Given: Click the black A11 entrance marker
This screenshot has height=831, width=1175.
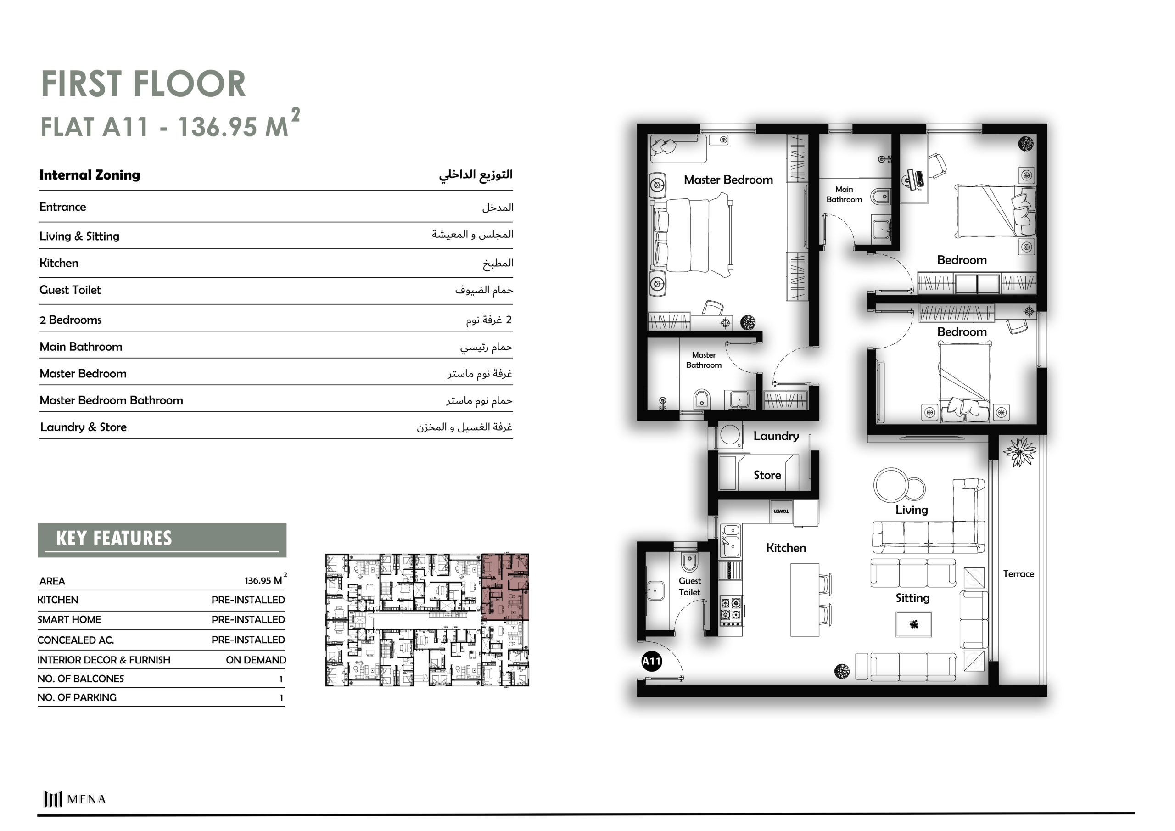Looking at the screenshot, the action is pyautogui.click(x=651, y=661).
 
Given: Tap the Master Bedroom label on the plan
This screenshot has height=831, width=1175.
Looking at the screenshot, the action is pyautogui.click(x=728, y=180).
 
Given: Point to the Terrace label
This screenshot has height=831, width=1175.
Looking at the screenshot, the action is pyautogui.click(x=1018, y=574).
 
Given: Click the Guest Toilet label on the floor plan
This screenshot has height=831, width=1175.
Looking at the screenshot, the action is pyautogui.click(x=689, y=586).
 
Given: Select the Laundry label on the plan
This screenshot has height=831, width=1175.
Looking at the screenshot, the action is pyautogui.click(x=776, y=436).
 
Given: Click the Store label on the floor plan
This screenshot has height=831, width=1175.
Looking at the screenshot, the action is pyautogui.click(x=767, y=475).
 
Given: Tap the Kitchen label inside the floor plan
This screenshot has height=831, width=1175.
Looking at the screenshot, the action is pyautogui.click(x=785, y=548).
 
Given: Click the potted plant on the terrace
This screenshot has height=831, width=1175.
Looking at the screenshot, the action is pyautogui.click(x=1019, y=452).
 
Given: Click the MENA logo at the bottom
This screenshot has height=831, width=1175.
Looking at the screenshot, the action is pyautogui.click(x=75, y=799).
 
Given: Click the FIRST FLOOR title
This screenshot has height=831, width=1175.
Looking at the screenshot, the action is pyautogui.click(x=143, y=84).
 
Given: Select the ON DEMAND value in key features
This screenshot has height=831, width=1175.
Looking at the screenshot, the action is pyautogui.click(x=256, y=660).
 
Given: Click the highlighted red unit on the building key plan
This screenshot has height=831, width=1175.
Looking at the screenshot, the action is pyautogui.click(x=505, y=587).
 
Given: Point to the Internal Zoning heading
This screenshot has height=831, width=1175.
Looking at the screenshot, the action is pyautogui.click(x=90, y=175).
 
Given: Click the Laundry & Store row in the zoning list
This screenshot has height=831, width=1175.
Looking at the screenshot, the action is pyautogui.click(x=84, y=427).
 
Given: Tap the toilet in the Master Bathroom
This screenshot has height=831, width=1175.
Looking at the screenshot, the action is pyautogui.click(x=702, y=399).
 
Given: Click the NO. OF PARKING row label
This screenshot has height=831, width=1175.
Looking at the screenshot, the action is pyautogui.click(x=77, y=697).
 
